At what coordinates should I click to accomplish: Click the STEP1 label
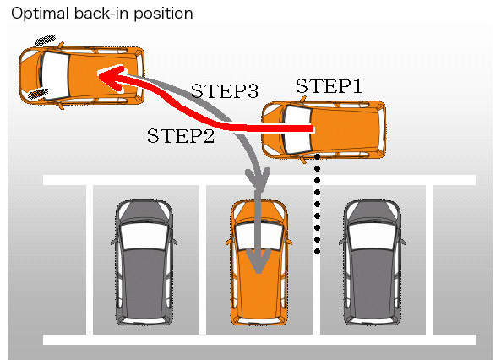(x=328, y=86)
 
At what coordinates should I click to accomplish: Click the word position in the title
(x=165, y=14)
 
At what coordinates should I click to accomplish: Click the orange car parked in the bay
(x=259, y=262)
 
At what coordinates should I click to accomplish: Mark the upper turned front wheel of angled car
(x=44, y=40)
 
